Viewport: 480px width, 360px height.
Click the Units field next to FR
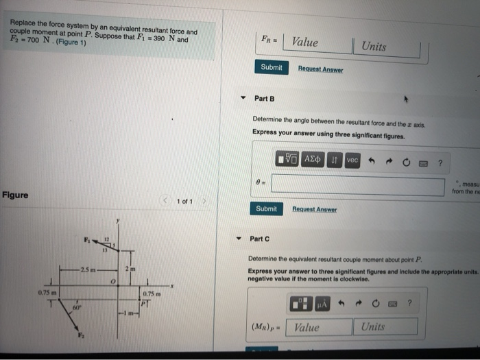387,46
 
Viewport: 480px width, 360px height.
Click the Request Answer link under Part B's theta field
311,208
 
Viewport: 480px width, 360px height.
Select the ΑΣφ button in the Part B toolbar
314,159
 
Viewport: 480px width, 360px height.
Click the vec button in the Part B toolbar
352,159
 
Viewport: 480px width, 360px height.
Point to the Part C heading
260,239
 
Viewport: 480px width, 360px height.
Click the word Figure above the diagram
15,195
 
